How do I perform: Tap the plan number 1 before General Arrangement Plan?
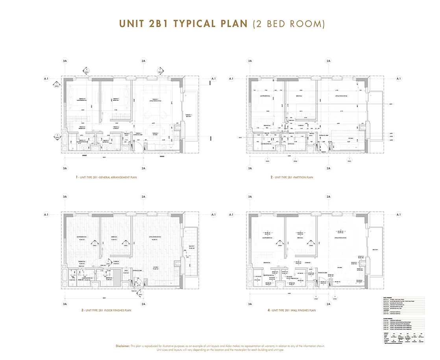click(x=77, y=178)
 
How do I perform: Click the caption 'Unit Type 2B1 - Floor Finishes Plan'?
click(x=106, y=310)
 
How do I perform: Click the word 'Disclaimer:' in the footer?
click(x=126, y=346)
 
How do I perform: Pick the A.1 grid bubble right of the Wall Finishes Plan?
click(x=398, y=215)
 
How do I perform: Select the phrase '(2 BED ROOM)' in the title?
click(x=288, y=24)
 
